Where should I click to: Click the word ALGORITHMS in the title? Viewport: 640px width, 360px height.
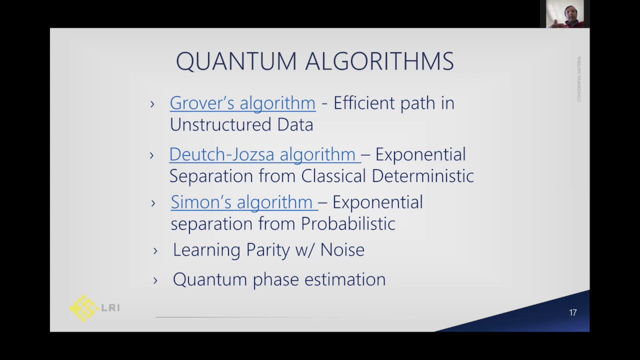(379, 61)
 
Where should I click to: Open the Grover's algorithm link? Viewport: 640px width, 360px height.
(242, 103)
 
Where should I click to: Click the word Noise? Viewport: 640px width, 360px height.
(342, 249)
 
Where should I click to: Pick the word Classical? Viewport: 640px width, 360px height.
(333, 176)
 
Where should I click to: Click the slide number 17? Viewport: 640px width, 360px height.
(573, 312)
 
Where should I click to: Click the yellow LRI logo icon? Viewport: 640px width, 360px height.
(83, 307)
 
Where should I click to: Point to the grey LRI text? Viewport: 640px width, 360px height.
(110, 308)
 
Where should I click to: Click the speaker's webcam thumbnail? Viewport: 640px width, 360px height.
(564, 13)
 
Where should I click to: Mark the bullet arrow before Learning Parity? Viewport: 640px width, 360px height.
(155, 251)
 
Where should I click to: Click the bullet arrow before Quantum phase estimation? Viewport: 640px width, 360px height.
(155, 280)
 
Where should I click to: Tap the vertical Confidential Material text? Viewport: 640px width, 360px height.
(579, 78)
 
